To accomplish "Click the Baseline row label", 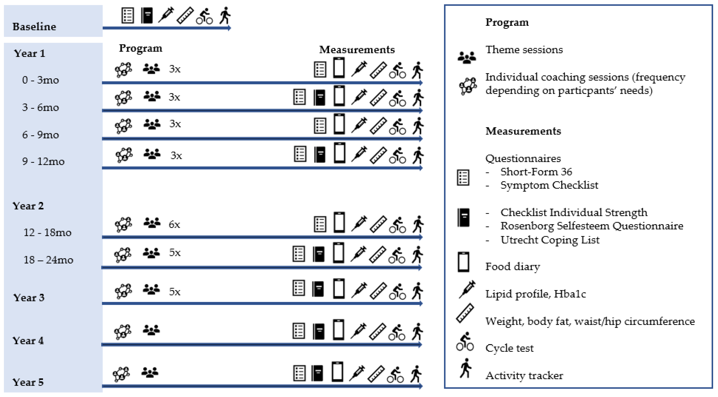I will (34, 26).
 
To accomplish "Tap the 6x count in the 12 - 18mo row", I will (174, 224).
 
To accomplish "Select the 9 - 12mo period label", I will (43, 161).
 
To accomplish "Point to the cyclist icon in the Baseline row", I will (204, 16).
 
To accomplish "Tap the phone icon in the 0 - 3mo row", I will (339, 68).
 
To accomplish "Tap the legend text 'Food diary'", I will (512, 266).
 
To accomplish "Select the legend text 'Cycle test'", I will (509, 348).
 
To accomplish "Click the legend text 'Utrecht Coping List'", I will (550, 240).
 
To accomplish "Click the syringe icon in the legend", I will (467, 290).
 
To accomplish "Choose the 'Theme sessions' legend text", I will (524, 50).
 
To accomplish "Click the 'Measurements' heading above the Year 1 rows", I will (357, 50).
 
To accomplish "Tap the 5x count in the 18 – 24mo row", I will (175, 253).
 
